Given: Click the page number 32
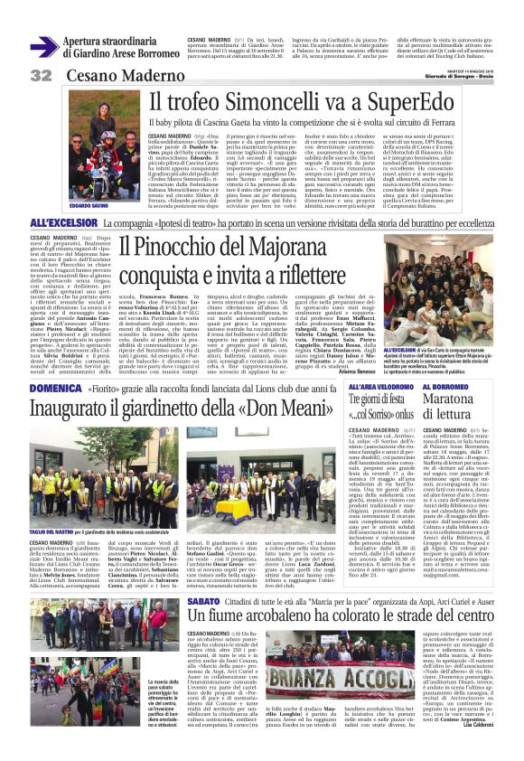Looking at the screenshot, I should pyautogui.click(x=40, y=75).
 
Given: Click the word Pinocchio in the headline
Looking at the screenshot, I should pyautogui.click(x=159, y=245).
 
